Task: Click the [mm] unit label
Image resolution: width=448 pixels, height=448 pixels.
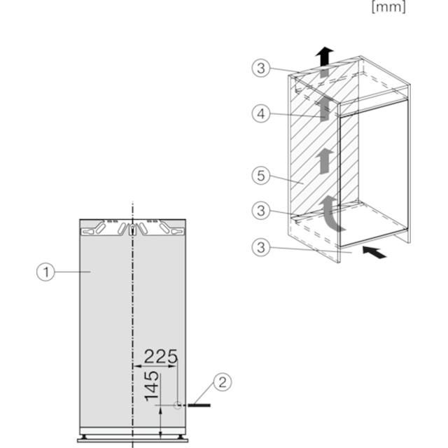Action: pos(388,7)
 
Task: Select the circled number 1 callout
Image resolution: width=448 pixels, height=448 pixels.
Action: pos(45,272)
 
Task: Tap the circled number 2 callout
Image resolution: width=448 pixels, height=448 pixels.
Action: pos(223,382)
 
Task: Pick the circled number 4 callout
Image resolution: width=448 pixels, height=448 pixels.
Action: pos(261,113)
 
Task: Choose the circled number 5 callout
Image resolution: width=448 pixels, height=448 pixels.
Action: pos(261,176)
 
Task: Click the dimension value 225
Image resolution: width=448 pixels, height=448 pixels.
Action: pos(161,356)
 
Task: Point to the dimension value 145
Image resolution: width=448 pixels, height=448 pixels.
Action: pos(152,386)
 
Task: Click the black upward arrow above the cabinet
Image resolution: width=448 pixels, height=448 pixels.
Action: pos(324,56)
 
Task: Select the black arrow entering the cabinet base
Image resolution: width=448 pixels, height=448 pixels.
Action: pos(374,252)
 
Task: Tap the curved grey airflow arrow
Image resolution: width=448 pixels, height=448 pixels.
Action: pos(330,213)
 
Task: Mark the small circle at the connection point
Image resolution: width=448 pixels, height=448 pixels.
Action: pos(177,405)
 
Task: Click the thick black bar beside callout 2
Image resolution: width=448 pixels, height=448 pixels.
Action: pos(199,405)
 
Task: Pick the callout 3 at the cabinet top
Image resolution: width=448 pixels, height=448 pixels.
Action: pos(261,69)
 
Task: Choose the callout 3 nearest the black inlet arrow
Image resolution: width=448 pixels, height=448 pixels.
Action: pos(261,247)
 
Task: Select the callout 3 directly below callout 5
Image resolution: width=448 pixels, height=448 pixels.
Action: pos(261,211)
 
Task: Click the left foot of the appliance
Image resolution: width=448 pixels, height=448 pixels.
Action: pos(84,437)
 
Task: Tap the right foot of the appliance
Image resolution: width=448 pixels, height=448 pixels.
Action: pos(180,437)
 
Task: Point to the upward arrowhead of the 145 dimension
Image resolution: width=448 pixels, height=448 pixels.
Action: pos(160,411)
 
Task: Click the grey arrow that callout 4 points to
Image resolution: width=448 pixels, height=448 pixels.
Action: pos(324,109)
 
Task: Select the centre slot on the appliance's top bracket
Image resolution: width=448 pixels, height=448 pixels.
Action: pos(132,230)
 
